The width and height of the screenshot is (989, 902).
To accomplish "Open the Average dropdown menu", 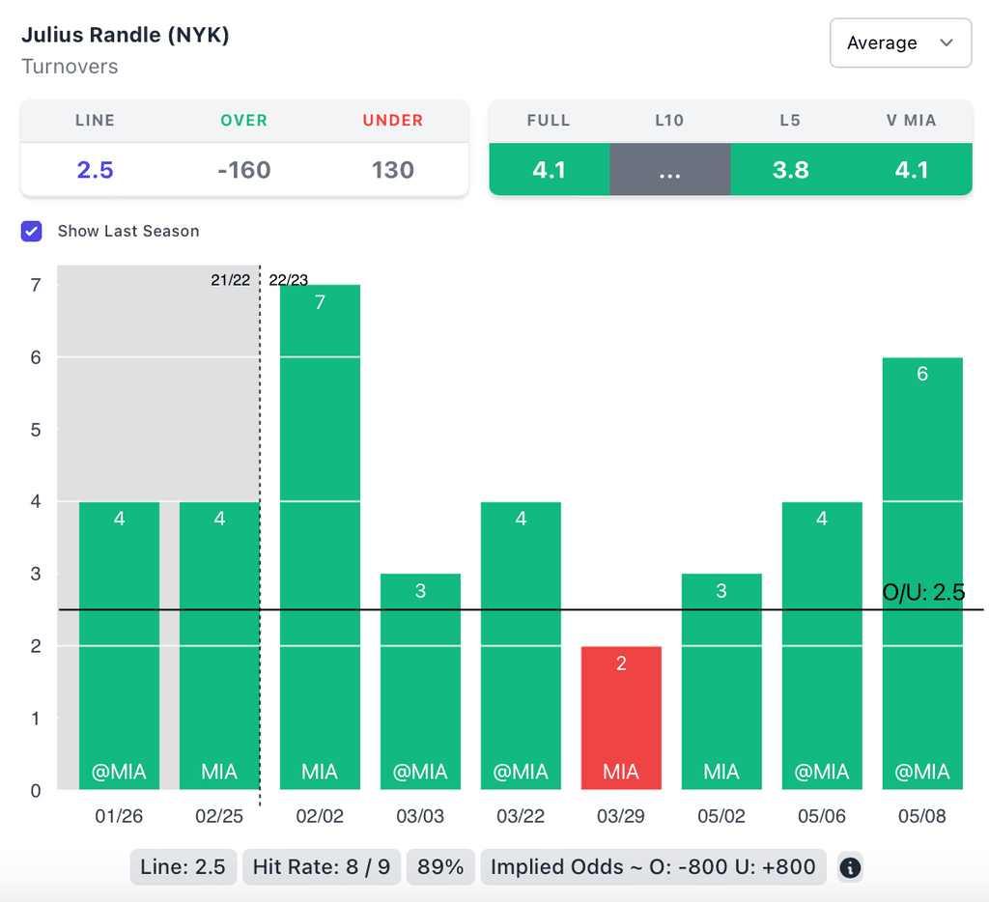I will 900,42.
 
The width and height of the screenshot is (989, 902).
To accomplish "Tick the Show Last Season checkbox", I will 32,231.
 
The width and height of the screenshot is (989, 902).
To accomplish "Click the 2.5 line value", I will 95,170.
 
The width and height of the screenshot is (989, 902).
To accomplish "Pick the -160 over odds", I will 243,170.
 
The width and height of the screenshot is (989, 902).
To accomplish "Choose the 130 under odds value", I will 393,170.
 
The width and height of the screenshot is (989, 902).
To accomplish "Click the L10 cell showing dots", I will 669,170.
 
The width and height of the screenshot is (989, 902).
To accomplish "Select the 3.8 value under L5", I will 790,170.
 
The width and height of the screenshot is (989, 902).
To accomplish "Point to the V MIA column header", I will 912,121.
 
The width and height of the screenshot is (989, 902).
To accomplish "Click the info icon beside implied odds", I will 850,867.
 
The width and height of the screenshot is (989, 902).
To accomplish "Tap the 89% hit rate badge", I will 440,867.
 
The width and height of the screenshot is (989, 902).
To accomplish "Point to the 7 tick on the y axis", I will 36,285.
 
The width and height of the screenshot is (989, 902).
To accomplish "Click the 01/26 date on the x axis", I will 119,816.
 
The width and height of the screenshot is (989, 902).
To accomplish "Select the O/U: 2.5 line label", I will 923,592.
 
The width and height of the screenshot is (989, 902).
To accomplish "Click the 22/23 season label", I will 289,280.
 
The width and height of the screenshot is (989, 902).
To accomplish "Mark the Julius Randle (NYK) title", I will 126,36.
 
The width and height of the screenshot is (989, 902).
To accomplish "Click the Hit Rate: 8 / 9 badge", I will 322,867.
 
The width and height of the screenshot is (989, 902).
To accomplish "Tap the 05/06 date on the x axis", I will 822,816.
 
